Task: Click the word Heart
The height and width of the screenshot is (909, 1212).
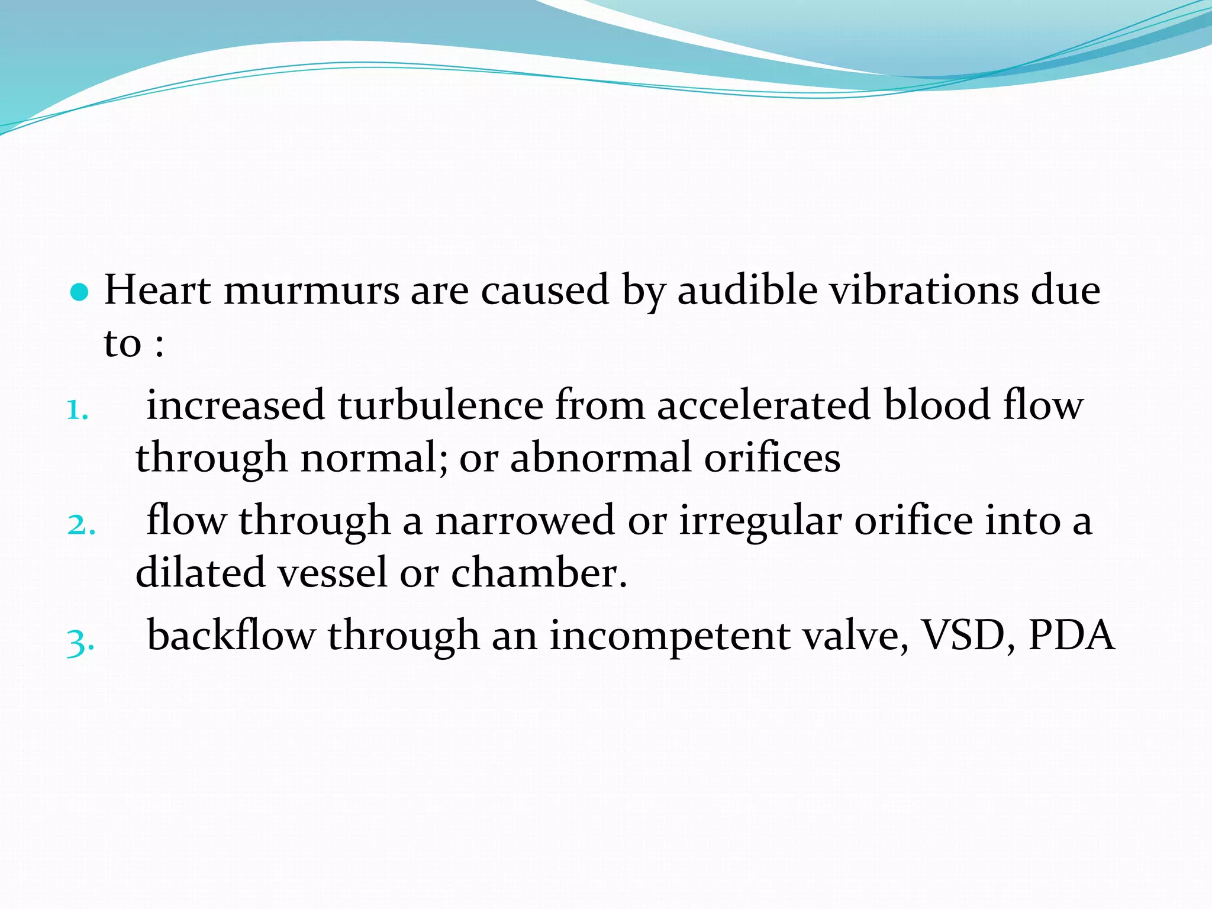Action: tap(157, 291)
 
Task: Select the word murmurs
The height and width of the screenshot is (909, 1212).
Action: tap(311, 291)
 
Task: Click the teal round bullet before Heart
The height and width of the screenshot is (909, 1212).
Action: tap(79, 292)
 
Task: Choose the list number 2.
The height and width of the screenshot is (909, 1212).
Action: tap(80, 524)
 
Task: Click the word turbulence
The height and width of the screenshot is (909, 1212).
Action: tap(440, 406)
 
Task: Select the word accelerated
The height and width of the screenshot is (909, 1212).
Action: tap(763, 406)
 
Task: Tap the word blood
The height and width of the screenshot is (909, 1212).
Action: tap(937, 406)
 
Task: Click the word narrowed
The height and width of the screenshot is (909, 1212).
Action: tap(525, 521)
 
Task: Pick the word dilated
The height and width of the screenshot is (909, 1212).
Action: tap(200, 573)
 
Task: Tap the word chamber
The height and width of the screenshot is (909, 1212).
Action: tap(539, 573)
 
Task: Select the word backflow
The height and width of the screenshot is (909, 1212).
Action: tap(231, 636)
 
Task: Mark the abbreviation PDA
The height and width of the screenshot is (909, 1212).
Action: tap(1071, 636)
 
